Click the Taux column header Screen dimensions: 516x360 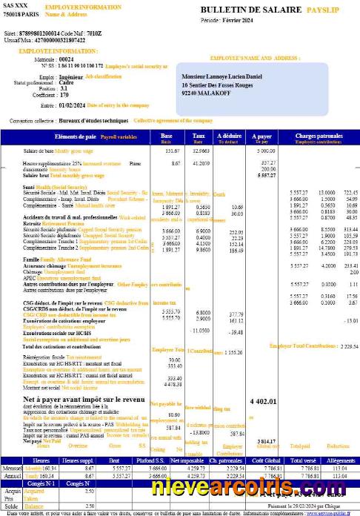[199, 136]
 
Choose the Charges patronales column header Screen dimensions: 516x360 [316, 136]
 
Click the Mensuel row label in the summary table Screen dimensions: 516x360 [13, 469]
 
